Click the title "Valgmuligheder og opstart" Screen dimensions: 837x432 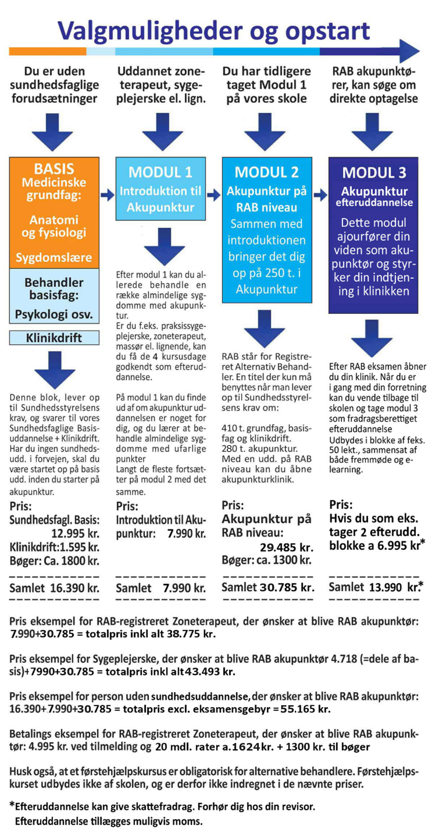coord(213,31)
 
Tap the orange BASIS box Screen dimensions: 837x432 coord(54,212)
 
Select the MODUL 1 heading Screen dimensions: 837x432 coord(160,172)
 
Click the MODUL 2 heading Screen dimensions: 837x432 coord(266,172)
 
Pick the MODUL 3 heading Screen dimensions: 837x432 coord(374,173)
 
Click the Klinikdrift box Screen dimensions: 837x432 coord(54,338)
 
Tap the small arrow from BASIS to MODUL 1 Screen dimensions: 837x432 coord(107,196)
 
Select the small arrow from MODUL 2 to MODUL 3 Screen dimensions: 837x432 coord(320,196)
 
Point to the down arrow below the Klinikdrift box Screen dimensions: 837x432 coord(55,370)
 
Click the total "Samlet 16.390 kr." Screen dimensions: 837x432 coord(54,588)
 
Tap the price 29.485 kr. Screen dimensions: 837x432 coord(287,547)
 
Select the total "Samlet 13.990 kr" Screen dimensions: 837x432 coord(375,587)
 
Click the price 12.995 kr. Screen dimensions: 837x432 coord(75,533)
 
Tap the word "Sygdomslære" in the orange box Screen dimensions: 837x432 coord(54,258)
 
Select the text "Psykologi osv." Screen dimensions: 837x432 coord(54,314)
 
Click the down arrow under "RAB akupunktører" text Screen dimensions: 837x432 coord(372,132)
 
